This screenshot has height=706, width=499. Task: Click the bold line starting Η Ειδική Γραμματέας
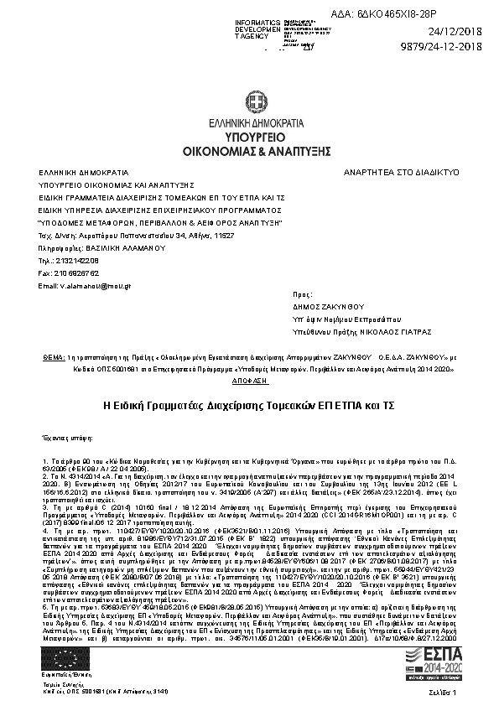[x=249, y=404]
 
